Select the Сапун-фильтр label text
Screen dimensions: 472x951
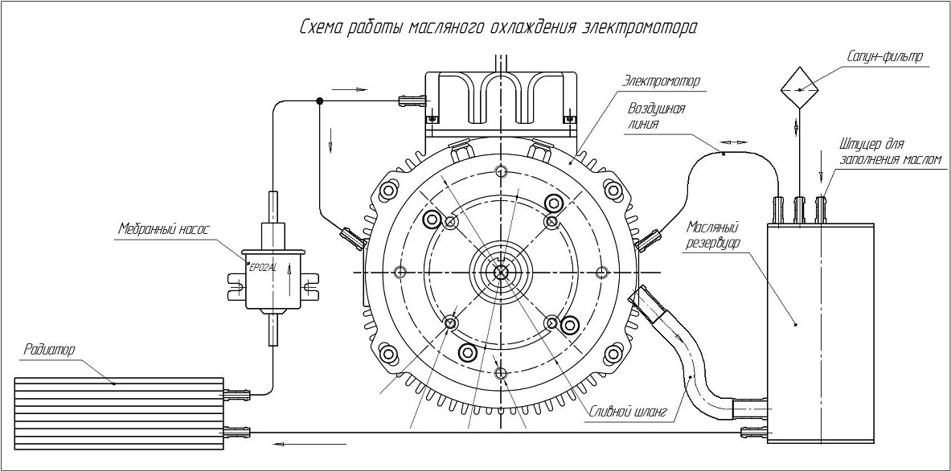(x=883, y=56)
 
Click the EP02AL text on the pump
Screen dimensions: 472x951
(x=263, y=268)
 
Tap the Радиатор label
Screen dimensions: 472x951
(x=50, y=351)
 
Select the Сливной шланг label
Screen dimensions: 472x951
(x=629, y=412)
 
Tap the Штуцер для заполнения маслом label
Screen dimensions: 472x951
(x=889, y=151)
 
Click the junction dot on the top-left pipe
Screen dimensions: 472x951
(x=320, y=101)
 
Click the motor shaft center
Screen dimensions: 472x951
(x=501, y=272)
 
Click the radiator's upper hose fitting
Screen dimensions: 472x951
(x=238, y=394)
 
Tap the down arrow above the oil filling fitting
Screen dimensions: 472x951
(x=821, y=172)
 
